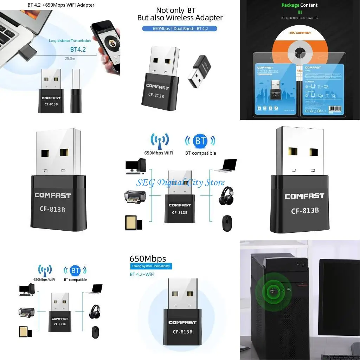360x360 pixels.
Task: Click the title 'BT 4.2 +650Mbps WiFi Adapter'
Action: coord(61,5)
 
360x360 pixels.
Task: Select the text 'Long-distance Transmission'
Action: coord(70,41)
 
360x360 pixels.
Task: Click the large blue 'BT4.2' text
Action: coord(78,50)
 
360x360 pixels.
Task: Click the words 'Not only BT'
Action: coord(175,10)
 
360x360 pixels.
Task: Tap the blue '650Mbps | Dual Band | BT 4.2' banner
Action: coord(180,28)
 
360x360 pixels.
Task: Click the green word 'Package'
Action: coord(290,5)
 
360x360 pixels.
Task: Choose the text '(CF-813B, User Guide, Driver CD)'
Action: coord(300,18)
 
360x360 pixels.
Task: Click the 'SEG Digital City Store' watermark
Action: coord(180,183)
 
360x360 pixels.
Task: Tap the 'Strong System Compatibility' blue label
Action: coord(152,266)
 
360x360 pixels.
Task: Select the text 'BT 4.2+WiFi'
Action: coord(142,274)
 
